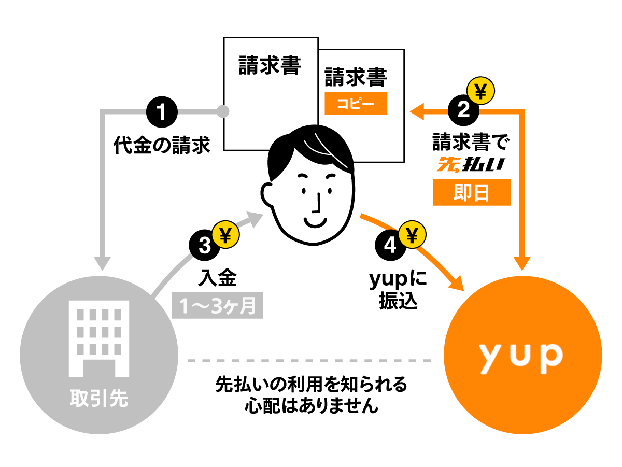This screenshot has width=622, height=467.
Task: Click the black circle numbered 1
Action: click(x=162, y=111)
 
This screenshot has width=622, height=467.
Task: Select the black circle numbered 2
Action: click(x=463, y=110)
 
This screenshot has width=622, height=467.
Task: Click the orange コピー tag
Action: click(x=356, y=104)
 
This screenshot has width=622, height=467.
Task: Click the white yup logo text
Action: click(x=519, y=356)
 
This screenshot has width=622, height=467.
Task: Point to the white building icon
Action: click(x=98, y=340)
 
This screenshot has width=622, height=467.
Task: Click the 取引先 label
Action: click(x=98, y=400)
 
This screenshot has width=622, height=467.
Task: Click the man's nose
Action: click(x=316, y=204)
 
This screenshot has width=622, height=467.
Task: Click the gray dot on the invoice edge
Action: click(x=223, y=111)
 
